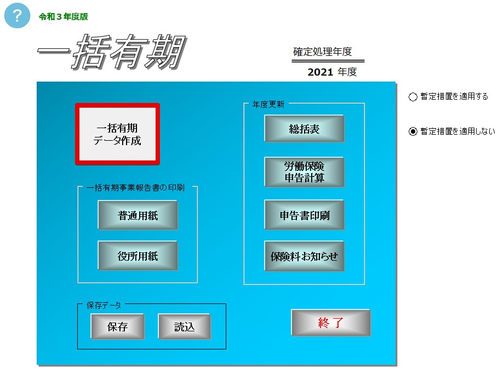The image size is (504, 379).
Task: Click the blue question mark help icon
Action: coord(17,15)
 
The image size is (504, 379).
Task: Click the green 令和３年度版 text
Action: coord(64,17)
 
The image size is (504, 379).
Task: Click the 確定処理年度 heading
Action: coord(322,51)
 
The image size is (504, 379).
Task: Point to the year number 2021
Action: coord(320,72)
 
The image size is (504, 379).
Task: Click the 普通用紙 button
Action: coord(138,215)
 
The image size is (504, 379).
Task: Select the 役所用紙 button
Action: coord(138,256)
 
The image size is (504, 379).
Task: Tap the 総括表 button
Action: coord(304,129)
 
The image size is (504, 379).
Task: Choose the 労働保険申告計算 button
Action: coord(304,171)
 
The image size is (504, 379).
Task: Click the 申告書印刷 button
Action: coord(304,215)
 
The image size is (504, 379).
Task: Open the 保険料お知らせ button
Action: coord(304,256)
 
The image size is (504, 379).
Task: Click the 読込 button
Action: coord(185,326)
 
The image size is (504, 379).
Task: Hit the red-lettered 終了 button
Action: coord(331,323)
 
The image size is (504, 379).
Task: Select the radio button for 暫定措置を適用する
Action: coord(413,97)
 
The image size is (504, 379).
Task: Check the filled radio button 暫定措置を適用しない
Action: coord(413,131)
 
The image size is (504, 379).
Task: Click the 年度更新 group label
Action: coord(268,105)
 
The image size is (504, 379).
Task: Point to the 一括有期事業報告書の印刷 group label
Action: coord(135,188)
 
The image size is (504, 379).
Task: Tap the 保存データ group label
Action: coord(104,306)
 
